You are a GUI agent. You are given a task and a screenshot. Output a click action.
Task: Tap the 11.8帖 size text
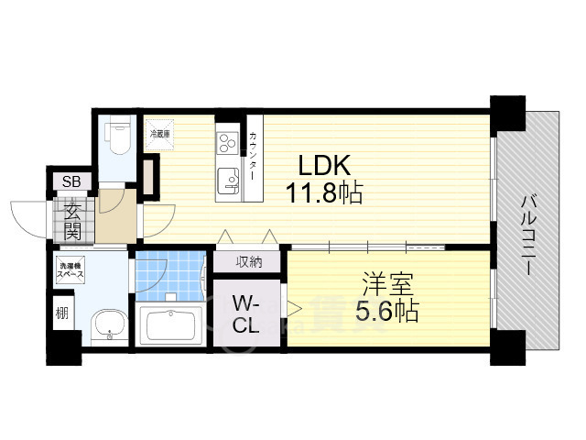pos(326,193)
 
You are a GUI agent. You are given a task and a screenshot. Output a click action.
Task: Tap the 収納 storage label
pos(249,262)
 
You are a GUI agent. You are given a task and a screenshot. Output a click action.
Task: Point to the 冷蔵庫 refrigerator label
pos(160,134)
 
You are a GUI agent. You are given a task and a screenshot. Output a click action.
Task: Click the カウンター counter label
pos(253,157)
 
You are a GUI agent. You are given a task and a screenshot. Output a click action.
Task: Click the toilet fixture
pos(117,138)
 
